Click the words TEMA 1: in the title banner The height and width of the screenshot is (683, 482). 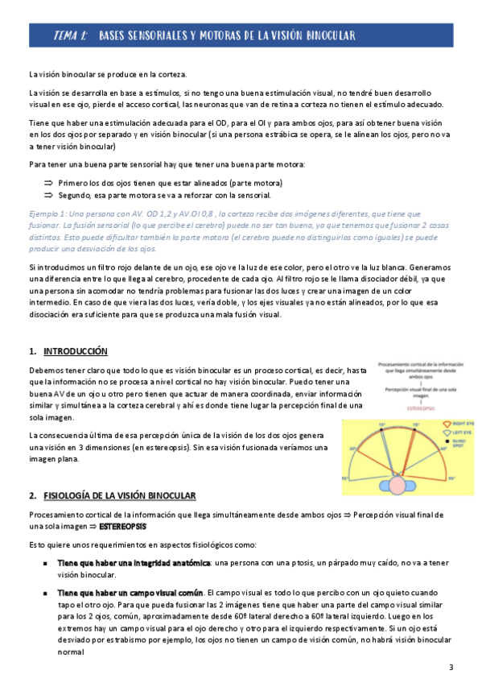70,36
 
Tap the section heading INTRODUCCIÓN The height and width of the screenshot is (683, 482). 75,351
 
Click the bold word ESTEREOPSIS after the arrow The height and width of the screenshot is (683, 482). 123,526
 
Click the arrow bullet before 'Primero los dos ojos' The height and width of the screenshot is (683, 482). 48,183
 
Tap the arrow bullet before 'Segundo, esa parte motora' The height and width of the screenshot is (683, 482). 48,195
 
